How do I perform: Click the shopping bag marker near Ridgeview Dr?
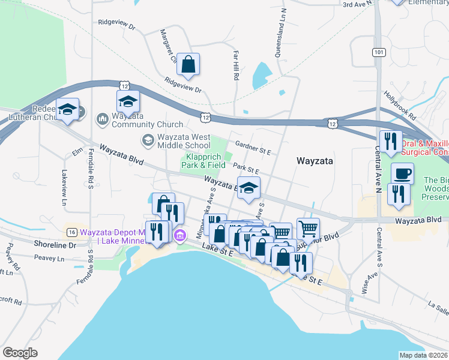pyautogui.click(x=188, y=65)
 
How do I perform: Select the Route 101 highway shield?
pyautogui.click(x=378, y=53)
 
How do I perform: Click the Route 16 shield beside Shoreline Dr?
pyautogui.click(x=71, y=232)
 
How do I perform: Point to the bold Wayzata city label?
pyautogui.click(x=315, y=161)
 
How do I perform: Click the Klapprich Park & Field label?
pyautogui.click(x=205, y=161)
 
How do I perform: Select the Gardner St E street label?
pyautogui.click(x=254, y=145)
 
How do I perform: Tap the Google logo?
pyautogui.click(x=20, y=353)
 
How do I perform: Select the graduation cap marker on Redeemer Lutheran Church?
pyautogui.click(x=68, y=110)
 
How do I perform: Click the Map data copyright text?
pyautogui.click(x=424, y=355)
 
